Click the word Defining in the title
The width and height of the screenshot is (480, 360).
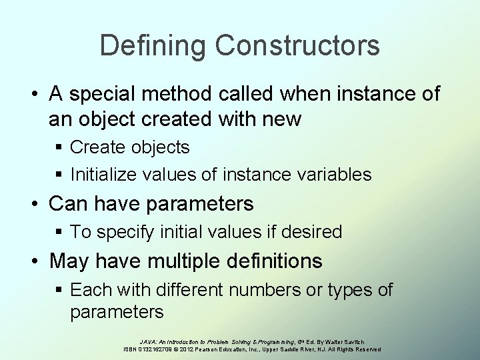pos(153,46)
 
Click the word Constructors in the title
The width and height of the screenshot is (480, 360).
pos(297,46)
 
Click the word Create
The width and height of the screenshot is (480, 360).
pos(93,147)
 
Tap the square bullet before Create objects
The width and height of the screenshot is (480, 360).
pos(60,147)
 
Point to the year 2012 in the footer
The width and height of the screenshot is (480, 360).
pos(187,349)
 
